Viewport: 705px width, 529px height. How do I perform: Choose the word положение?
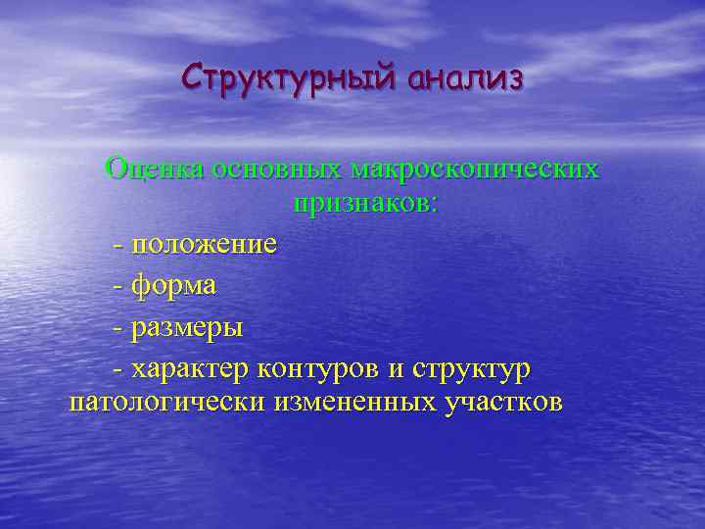coord(204,243)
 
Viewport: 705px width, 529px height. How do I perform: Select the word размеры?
coord(187,327)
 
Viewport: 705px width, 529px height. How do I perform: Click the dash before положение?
coord(118,244)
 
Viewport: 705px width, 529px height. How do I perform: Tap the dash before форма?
coord(118,286)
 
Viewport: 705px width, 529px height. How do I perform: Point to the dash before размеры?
coord(118,328)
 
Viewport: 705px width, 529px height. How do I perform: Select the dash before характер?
coord(118,370)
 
